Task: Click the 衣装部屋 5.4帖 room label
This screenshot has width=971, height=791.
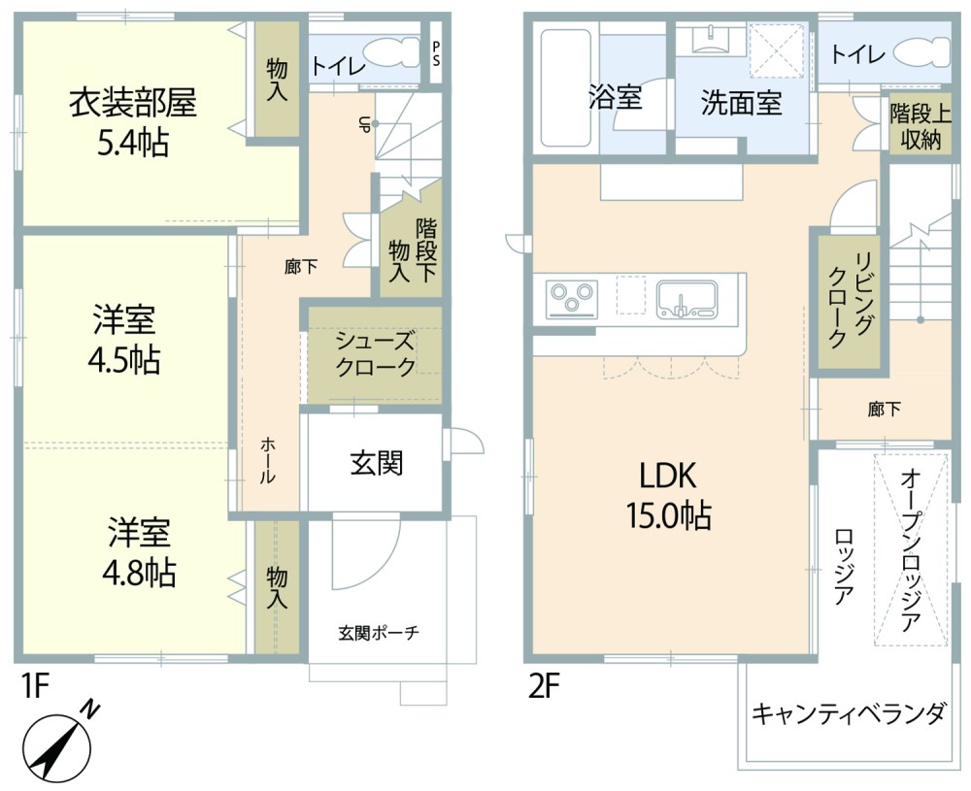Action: (132, 122)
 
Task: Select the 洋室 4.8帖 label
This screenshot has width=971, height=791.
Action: (140, 553)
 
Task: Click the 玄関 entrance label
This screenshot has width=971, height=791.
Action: (376, 464)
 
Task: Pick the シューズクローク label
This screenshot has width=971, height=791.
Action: (376, 354)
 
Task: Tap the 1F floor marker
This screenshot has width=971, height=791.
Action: (35, 687)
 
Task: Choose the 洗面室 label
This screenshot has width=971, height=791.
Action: (742, 103)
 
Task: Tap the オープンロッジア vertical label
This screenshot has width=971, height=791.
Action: (911, 550)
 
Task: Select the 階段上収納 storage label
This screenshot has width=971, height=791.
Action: (919, 125)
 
